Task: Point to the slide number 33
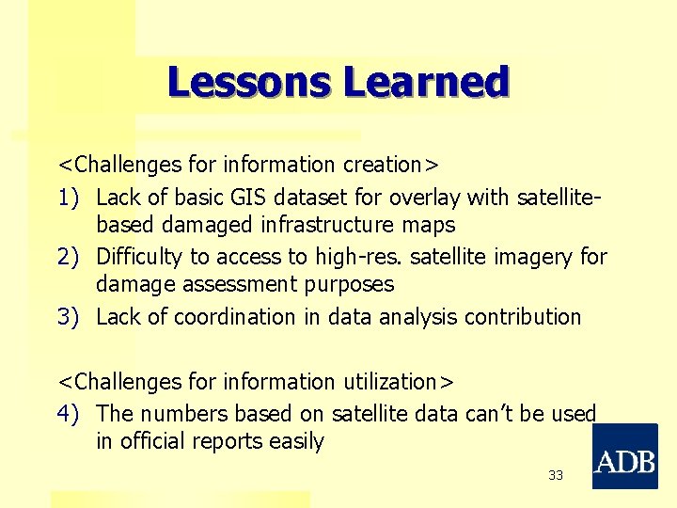(556, 476)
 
